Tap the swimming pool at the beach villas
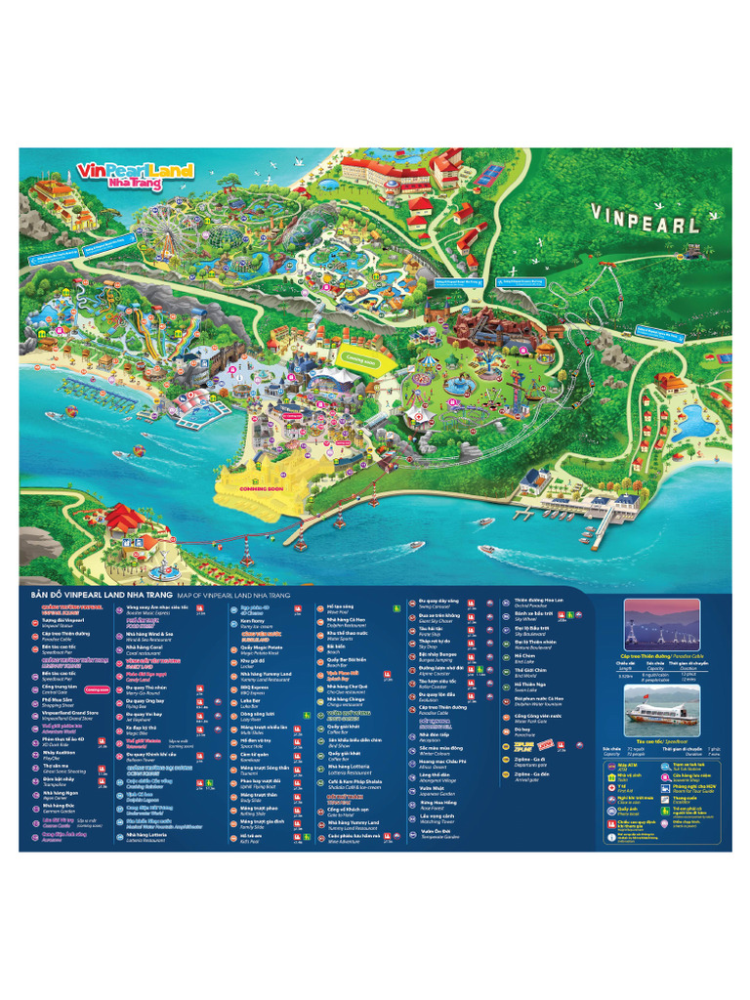694,422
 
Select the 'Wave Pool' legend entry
342,608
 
